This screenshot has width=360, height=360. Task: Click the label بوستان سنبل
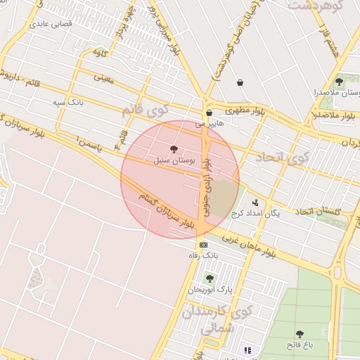pyautogui.click(x=173, y=161)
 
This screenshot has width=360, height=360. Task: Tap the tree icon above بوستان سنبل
pyautogui.click(x=174, y=150)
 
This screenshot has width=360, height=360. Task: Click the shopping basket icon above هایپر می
pyautogui.click(x=209, y=112)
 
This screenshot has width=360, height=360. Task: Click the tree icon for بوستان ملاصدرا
pyautogui.click(x=339, y=82)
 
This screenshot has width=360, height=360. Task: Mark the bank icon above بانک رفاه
pyautogui.click(x=203, y=245)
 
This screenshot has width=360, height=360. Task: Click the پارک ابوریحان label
pyautogui.click(x=209, y=289)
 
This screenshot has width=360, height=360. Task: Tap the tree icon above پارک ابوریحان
pyautogui.click(x=210, y=278)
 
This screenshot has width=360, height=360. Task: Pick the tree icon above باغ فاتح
pyautogui.click(x=300, y=334)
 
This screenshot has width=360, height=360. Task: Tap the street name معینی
pyautogui.click(x=103, y=78)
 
